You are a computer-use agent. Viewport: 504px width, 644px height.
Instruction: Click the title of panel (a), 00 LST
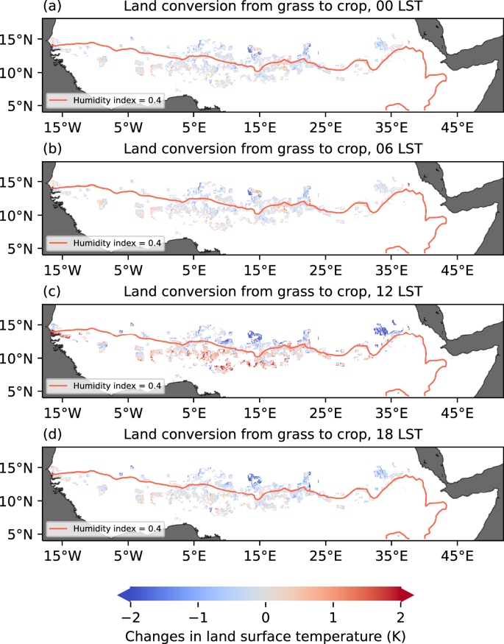click(x=272, y=8)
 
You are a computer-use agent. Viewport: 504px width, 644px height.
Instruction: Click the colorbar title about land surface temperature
click(x=266, y=634)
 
